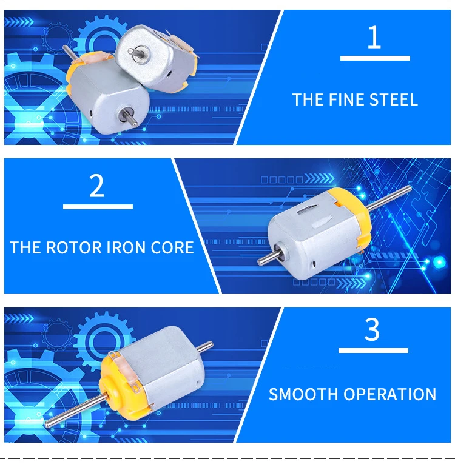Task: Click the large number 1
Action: [374, 36]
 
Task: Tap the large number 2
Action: [96, 186]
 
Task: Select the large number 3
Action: [372, 329]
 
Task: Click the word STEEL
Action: [394, 99]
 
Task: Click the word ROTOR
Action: [74, 247]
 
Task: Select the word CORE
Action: [172, 247]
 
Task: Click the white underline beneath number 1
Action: [375, 58]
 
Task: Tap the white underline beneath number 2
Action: [98, 207]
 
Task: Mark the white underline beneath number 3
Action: [373, 351]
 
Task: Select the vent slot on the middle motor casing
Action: [307, 209]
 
